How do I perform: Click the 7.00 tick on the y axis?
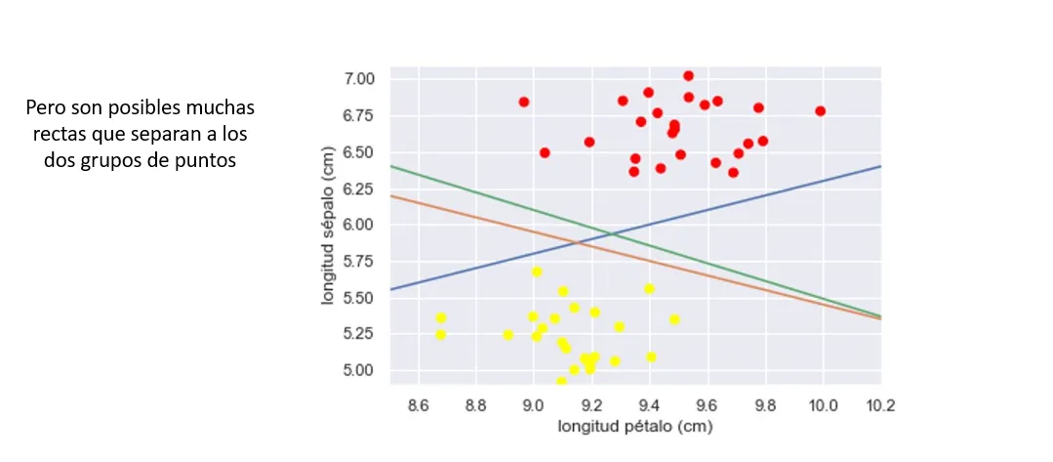pyautogui.click(x=371, y=78)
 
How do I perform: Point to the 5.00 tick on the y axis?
pyautogui.click(x=371, y=370)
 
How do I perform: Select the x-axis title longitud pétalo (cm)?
pyautogui.click(x=635, y=426)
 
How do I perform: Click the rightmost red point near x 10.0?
pyautogui.click(x=820, y=111)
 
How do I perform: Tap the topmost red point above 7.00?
pyautogui.click(x=688, y=76)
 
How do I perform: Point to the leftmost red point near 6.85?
pyautogui.click(x=524, y=102)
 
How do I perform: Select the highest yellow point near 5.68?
pyautogui.click(x=537, y=272)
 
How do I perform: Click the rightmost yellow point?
pyautogui.click(x=674, y=319)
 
